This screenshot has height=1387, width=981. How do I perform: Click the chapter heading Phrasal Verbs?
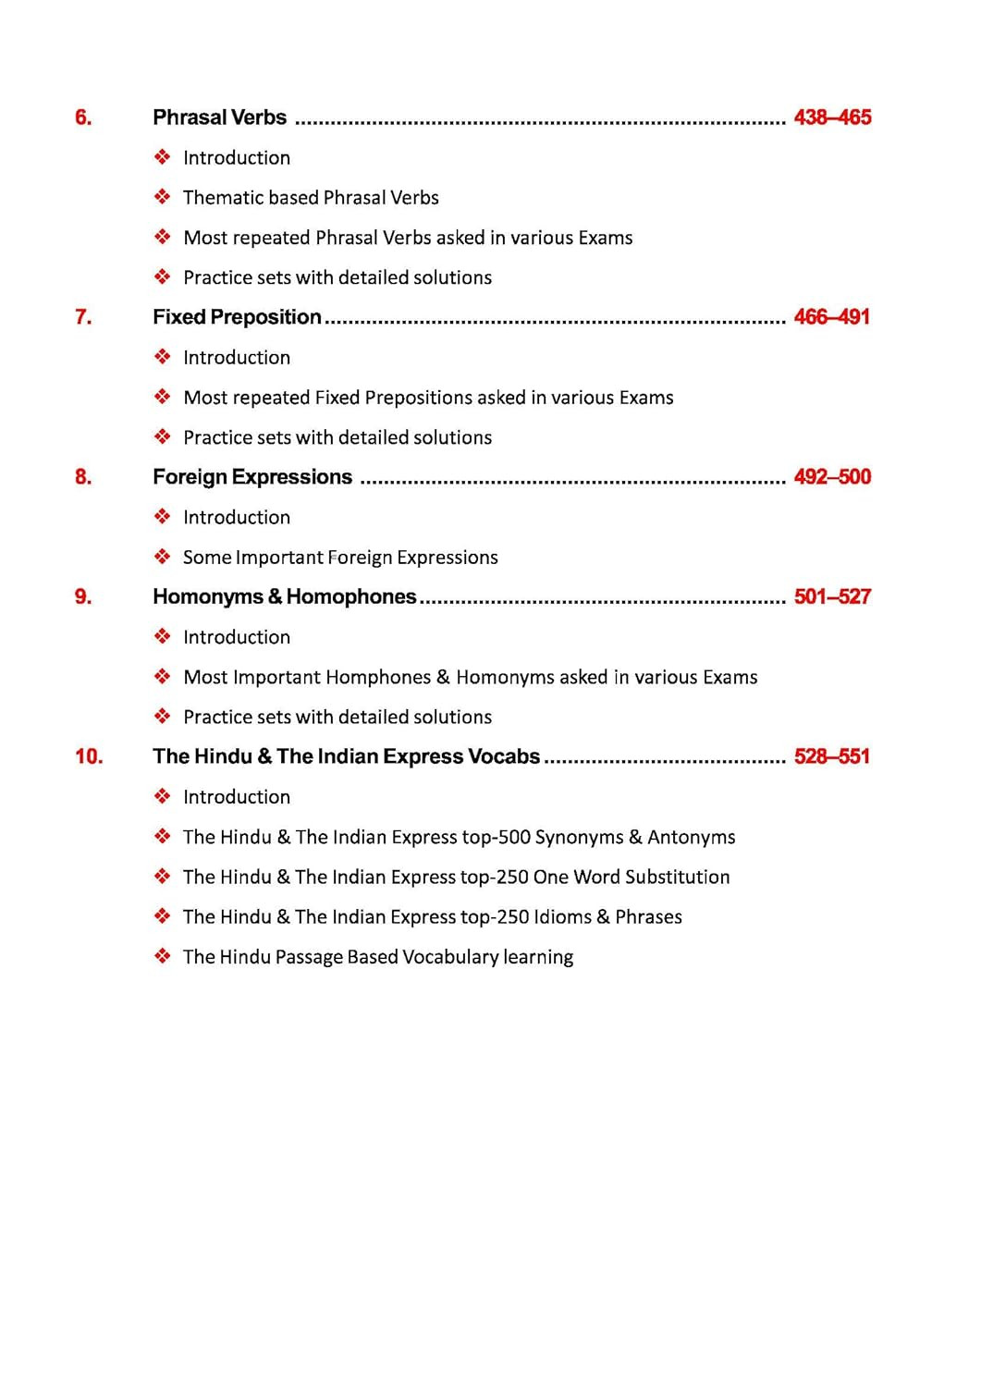[x=219, y=117]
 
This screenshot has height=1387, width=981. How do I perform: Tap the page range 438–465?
[x=832, y=117]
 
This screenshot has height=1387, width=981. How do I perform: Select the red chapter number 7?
[x=83, y=317]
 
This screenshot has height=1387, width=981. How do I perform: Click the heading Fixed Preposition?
[x=237, y=317]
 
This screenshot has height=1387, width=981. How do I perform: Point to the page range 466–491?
[x=832, y=317]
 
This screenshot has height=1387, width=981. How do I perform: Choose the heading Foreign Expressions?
[x=252, y=477]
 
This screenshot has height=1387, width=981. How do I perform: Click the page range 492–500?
[x=832, y=477]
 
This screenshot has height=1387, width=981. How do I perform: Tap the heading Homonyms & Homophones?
[x=285, y=596]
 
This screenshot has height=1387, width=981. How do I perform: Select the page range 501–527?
[x=832, y=596]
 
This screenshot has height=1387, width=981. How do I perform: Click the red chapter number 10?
[x=89, y=756]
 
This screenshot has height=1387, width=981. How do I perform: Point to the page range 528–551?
[x=832, y=756]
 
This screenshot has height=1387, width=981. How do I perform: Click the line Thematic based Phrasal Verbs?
[x=311, y=198]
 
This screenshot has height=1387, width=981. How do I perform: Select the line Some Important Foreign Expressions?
[x=340, y=558]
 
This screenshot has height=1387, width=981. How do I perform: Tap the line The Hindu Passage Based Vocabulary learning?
[x=377, y=957]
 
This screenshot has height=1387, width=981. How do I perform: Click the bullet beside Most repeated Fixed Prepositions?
[x=163, y=397]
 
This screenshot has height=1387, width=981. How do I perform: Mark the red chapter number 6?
[x=83, y=117]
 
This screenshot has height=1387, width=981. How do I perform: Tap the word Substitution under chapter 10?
[x=677, y=878]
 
